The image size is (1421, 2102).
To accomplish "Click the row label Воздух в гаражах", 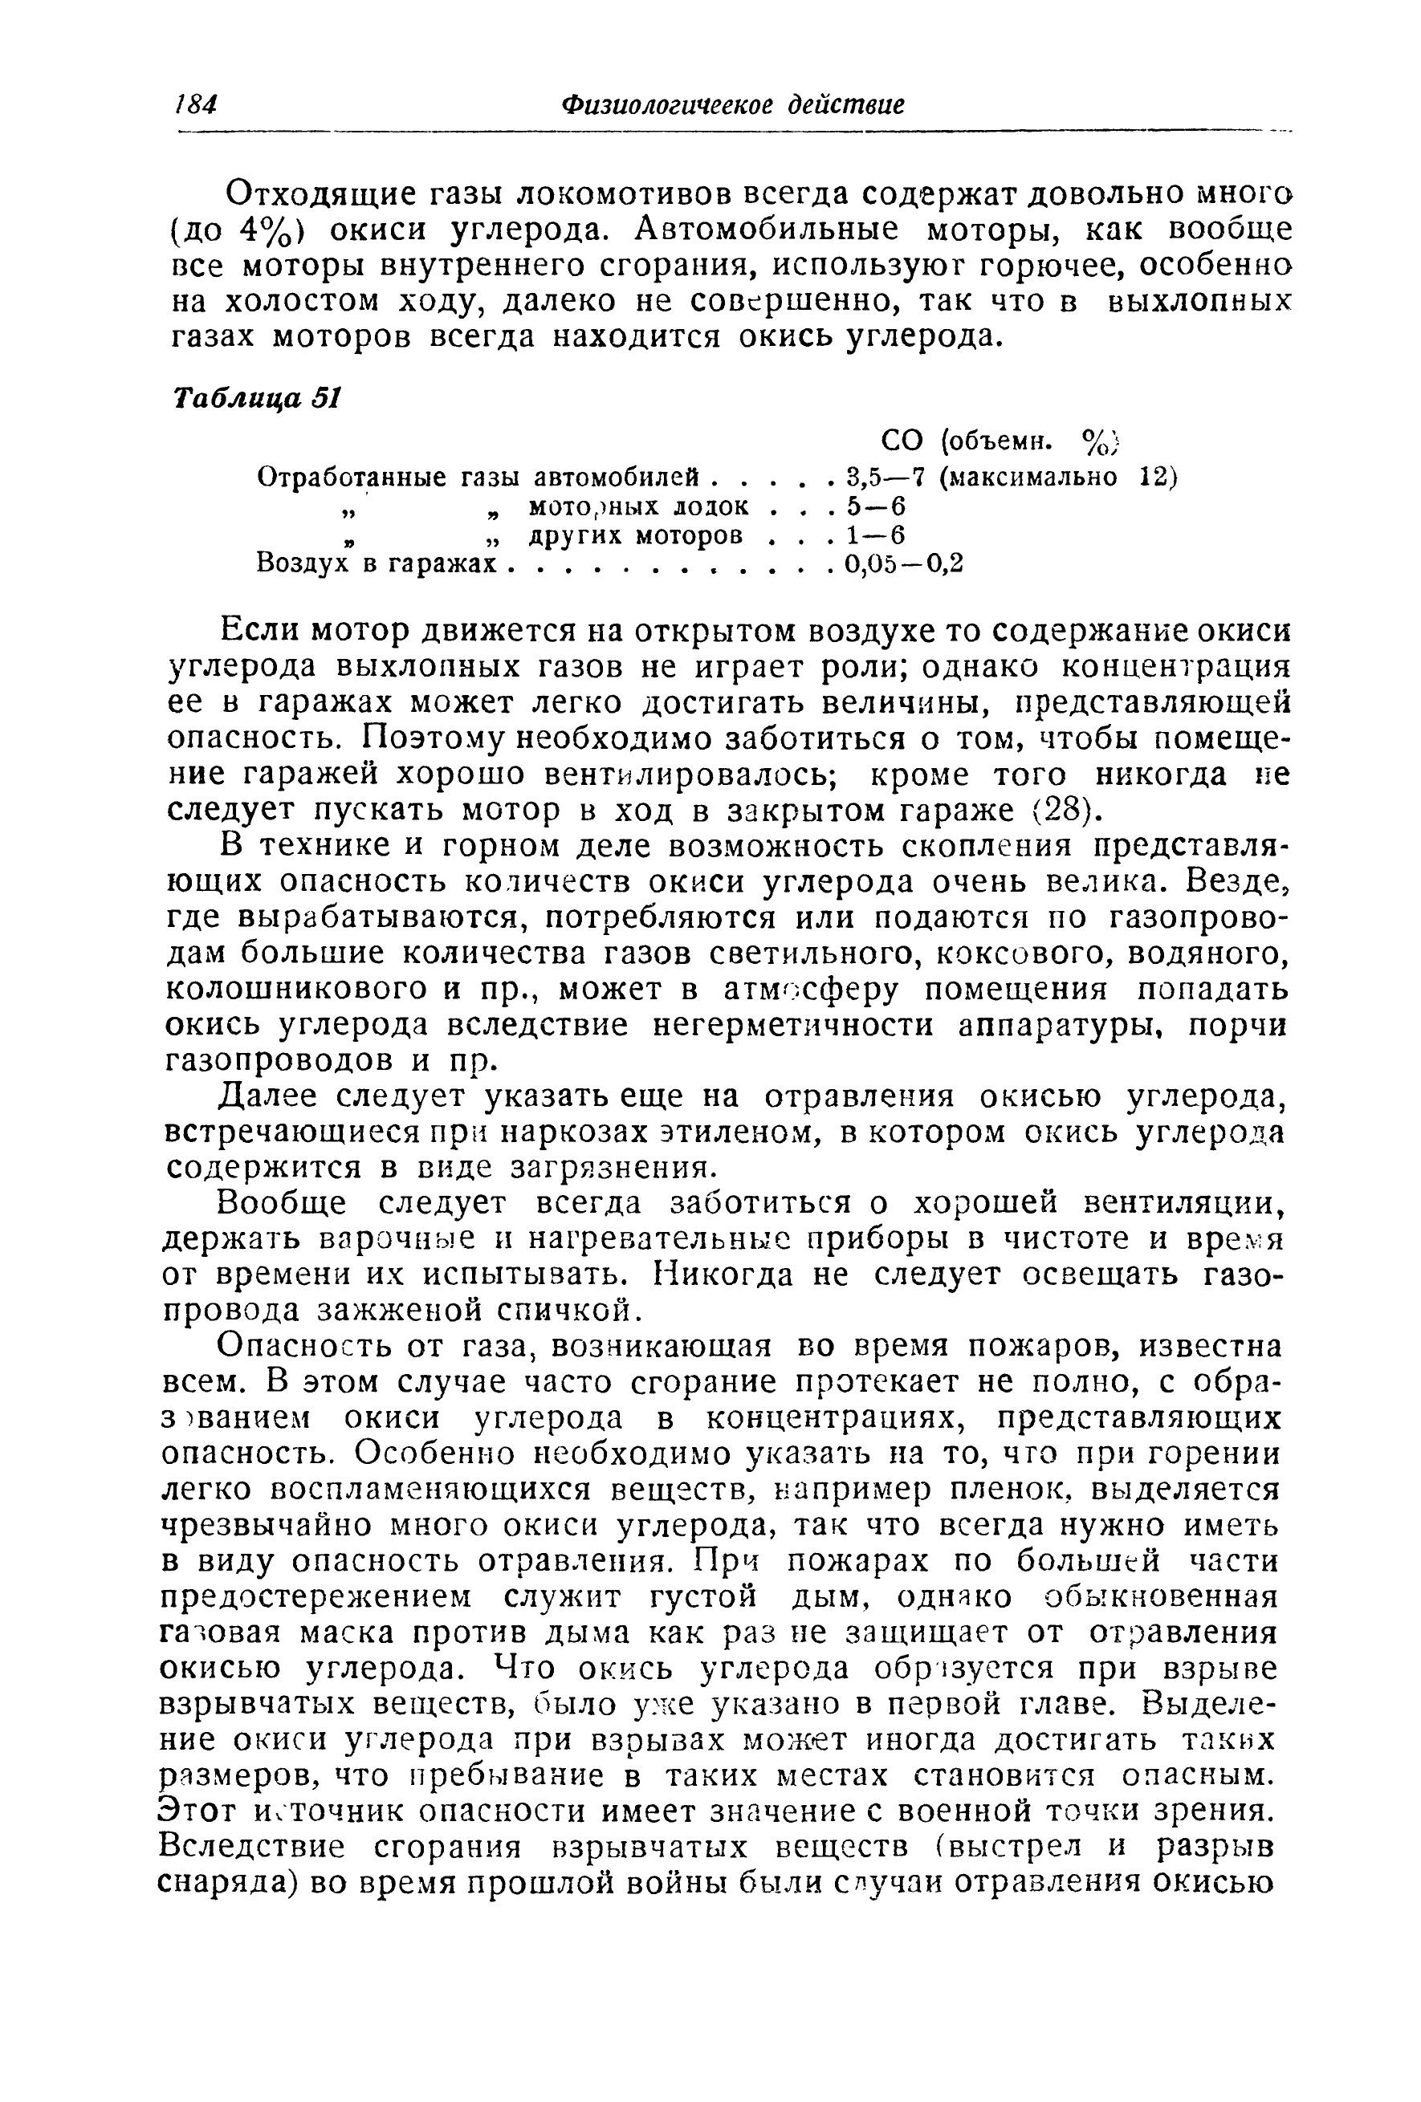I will click(377, 564).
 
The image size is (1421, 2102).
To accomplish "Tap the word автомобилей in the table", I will click(621, 476).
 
